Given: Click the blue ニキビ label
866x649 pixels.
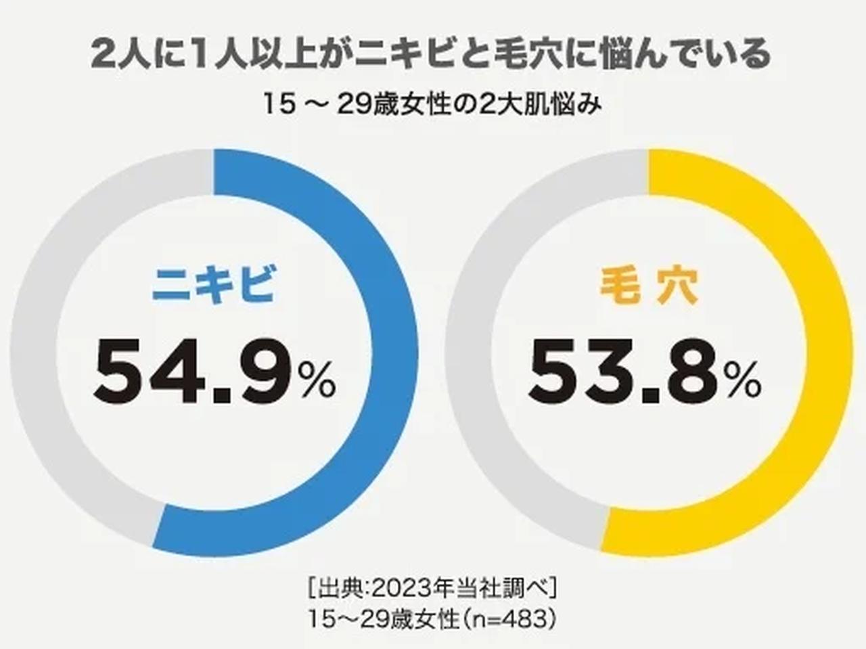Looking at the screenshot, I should pos(213,285).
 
